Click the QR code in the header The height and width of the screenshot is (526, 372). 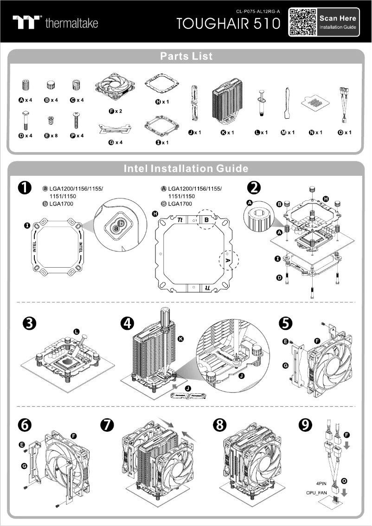pos(302,22)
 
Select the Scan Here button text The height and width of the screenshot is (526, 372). pos(338,19)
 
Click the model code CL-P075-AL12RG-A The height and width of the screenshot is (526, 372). pos(258,11)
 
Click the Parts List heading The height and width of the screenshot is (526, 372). pos(186,56)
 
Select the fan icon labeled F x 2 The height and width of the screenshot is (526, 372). pos(115,90)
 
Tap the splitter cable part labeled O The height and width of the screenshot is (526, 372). pos(344,104)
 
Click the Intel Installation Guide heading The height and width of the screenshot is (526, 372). pos(186,168)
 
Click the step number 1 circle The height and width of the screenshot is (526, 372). pos(25,188)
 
